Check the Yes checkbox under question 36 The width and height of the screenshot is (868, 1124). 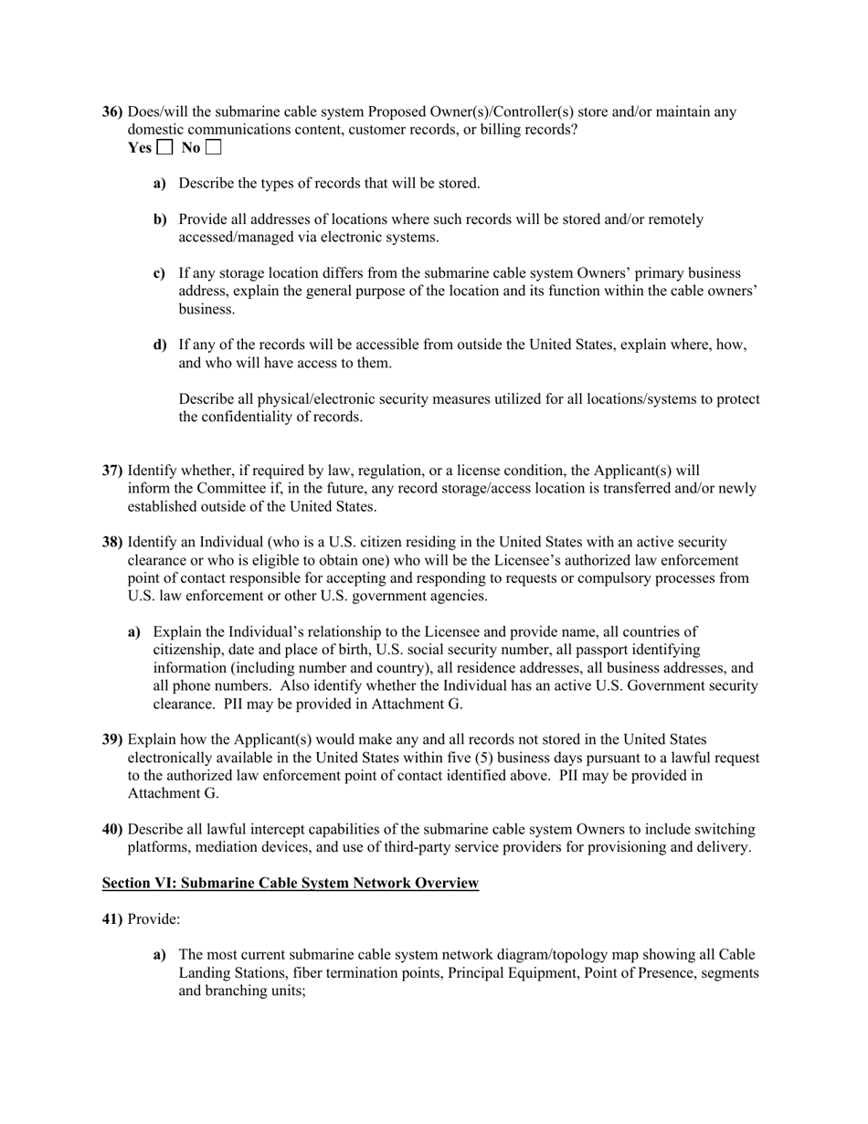pos(164,147)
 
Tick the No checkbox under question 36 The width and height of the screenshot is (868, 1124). pos(214,147)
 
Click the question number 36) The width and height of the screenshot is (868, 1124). pos(112,112)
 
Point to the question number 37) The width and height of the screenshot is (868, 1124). pos(112,471)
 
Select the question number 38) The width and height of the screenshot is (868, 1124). pos(112,542)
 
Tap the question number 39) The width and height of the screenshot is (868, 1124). pos(112,739)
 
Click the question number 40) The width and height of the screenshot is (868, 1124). pos(112,829)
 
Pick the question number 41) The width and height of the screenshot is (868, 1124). pos(112,918)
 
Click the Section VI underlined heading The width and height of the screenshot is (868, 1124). pos(290,883)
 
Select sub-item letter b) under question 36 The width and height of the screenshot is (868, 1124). pos(160,219)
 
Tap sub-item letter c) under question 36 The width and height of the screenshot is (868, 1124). pos(160,273)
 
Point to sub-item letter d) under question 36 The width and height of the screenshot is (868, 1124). pos(160,345)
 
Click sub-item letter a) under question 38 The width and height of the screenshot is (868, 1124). pos(134,631)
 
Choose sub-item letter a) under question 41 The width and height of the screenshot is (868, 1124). pos(160,955)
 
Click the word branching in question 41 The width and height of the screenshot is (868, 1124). pos(237,991)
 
